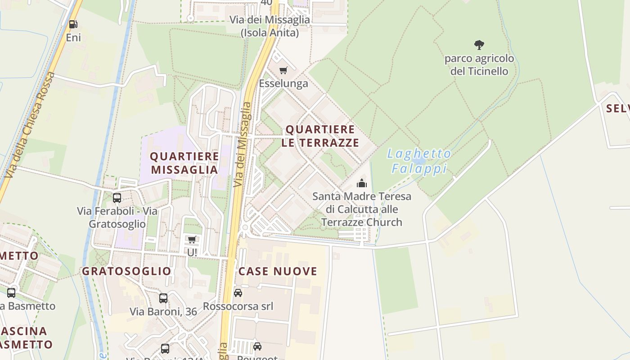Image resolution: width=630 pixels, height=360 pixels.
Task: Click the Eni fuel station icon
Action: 73,24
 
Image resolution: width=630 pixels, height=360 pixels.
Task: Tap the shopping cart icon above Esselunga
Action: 283,70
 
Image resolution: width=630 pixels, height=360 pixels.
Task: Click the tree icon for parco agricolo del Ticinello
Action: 479,45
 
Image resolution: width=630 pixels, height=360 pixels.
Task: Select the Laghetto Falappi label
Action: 419,161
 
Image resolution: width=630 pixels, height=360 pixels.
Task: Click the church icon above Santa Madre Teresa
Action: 361,183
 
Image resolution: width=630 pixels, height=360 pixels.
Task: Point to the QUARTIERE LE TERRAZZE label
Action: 320,136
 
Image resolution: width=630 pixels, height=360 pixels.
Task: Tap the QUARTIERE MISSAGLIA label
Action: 184,163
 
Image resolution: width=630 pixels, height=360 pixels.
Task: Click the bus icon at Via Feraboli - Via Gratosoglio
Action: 117,198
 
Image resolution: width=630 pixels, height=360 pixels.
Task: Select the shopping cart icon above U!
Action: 192,239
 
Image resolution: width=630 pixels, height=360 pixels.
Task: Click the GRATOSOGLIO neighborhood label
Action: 126,271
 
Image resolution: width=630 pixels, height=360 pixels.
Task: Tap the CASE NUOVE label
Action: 278,271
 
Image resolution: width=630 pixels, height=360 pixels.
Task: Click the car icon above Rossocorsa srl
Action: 238,293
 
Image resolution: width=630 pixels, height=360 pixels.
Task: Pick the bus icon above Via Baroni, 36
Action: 163,298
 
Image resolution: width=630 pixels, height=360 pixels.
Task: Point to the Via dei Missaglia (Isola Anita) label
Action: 270,26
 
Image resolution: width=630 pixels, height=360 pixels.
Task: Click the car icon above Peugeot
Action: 257,346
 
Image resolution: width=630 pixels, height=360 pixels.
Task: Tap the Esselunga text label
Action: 283,83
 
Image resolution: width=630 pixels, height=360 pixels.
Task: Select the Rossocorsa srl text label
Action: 238,306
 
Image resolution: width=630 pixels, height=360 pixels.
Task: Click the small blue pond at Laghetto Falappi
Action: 419,161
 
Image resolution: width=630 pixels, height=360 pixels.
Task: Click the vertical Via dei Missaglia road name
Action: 242,144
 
